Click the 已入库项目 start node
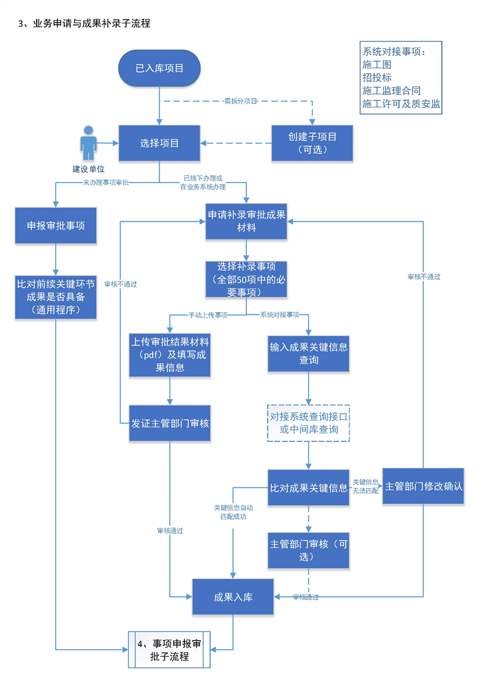[x=159, y=68]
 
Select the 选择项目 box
[x=159, y=144]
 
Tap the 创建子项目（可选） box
[x=312, y=144]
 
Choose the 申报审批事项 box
[x=56, y=226]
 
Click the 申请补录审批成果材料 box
[x=246, y=221]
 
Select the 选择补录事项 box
[x=246, y=279]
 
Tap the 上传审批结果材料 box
[x=170, y=355]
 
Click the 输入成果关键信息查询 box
[x=309, y=353]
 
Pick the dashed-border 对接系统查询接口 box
[x=309, y=423]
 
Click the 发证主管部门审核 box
[x=170, y=423]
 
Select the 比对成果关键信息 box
[x=309, y=488]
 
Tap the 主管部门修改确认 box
[x=423, y=487]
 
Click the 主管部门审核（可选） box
[x=309, y=550]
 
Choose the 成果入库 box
[x=233, y=597]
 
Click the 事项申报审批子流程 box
[x=168, y=650]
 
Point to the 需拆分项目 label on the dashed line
[x=241, y=101]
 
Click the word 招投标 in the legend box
[x=377, y=77]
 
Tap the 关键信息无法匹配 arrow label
[x=366, y=487]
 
